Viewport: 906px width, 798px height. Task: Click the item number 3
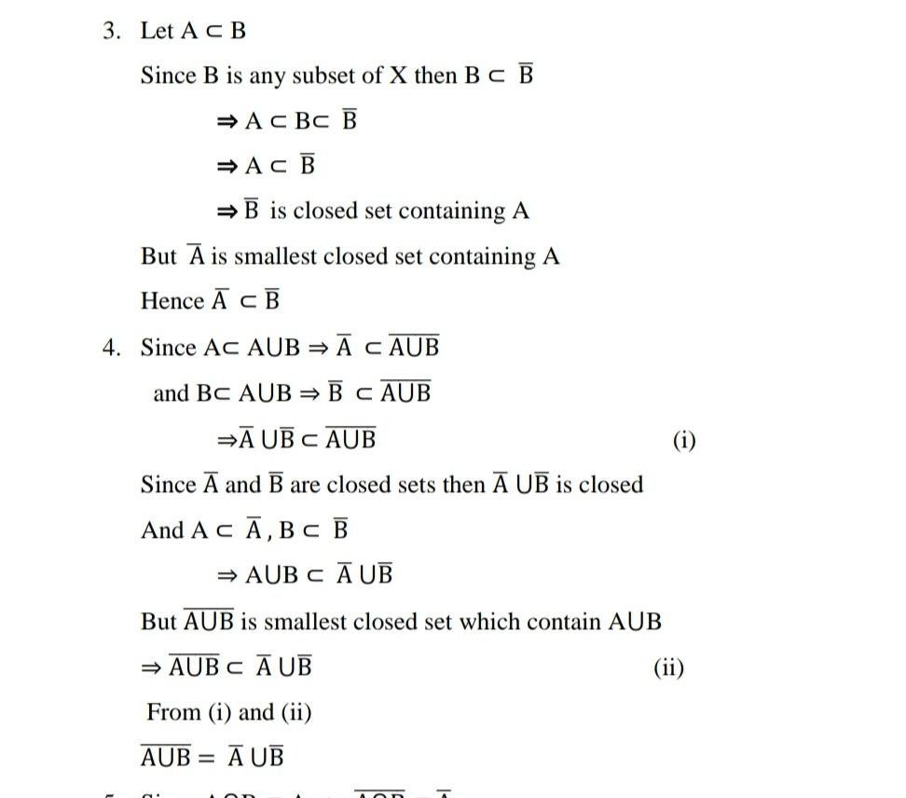click(112, 31)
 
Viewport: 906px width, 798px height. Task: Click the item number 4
click(112, 348)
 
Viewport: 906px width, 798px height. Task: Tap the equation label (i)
click(684, 440)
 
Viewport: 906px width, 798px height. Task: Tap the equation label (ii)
click(668, 667)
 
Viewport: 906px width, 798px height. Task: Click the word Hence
click(172, 301)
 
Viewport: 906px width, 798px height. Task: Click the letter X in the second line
click(397, 76)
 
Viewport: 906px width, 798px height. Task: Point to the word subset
click(323, 76)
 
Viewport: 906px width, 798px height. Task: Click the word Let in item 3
click(157, 31)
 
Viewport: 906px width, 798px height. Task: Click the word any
click(267, 77)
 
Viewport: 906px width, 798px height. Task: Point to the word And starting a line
click(162, 530)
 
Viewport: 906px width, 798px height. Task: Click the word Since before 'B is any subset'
click(168, 76)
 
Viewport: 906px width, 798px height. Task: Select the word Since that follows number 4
click(168, 348)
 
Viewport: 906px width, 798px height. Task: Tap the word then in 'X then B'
click(434, 76)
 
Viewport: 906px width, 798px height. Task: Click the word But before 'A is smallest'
click(158, 256)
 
